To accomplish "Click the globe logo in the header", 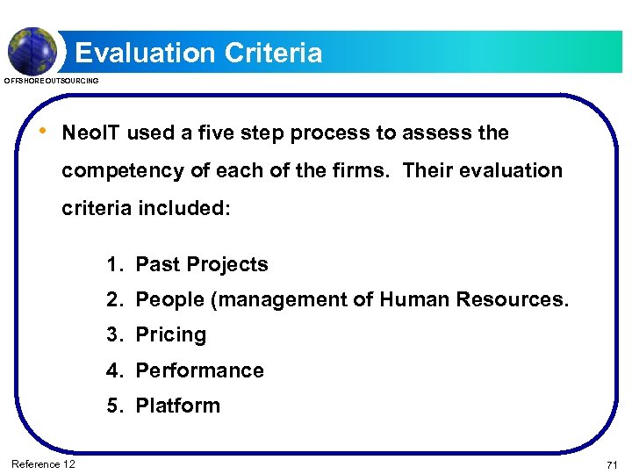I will (x=32, y=49).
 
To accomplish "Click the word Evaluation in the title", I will (x=146, y=53).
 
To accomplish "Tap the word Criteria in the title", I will (x=274, y=53).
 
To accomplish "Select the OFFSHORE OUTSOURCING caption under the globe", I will (x=53, y=81).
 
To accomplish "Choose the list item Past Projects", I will (x=202, y=265).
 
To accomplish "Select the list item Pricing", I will (x=171, y=335).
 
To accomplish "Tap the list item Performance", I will (x=199, y=370).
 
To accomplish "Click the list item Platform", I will (x=177, y=406).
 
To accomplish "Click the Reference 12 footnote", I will (x=43, y=463).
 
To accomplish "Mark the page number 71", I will (x=612, y=463).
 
